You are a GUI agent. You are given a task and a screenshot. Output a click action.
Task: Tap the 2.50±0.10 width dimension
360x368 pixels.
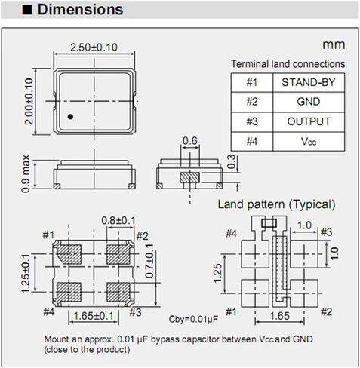point(94,48)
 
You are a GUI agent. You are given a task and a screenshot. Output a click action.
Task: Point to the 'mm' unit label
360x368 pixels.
point(334,46)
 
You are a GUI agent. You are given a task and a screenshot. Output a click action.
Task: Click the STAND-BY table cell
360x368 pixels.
point(306,82)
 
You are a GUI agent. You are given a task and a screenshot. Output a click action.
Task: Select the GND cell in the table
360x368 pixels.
point(306,102)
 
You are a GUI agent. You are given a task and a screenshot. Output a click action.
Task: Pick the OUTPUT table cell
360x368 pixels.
point(306,121)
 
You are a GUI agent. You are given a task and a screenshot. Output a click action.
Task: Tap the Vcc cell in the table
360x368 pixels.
point(306,141)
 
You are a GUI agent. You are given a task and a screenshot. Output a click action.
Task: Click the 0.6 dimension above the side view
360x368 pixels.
point(189,141)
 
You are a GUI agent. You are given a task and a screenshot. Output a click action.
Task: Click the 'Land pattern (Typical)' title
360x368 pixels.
point(276,204)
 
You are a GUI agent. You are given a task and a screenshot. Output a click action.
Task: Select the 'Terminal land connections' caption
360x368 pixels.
point(288,64)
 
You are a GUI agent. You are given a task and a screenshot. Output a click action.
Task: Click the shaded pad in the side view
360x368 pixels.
point(190,176)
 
